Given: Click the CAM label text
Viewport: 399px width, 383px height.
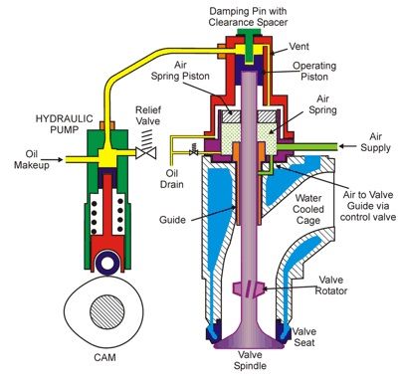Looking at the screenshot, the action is click(x=104, y=357).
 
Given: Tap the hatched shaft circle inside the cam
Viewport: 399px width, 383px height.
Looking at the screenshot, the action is click(x=107, y=311).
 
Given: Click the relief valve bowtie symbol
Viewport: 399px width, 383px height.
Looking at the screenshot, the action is click(x=146, y=153).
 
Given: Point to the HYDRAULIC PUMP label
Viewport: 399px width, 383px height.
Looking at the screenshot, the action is click(x=65, y=124).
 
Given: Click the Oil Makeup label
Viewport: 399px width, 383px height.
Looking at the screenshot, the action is click(x=32, y=159).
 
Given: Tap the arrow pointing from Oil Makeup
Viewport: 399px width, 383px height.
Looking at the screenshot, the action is click(x=57, y=159).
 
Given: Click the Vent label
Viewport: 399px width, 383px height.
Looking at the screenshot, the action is click(x=299, y=46).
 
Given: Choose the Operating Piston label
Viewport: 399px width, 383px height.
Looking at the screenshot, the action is click(x=314, y=72).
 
